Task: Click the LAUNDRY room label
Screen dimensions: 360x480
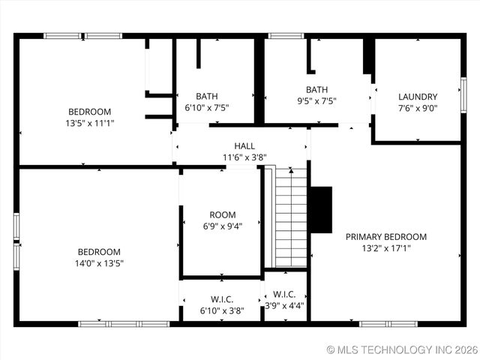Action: pyautogui.click(x=418, y=96)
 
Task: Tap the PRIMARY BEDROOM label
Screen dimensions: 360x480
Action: pyautogui.click(x=385, y=236)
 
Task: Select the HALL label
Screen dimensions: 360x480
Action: pyautogui.click(x=244, y=145)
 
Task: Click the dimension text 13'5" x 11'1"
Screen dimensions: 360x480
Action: pyautogui.click(x=90, y=122)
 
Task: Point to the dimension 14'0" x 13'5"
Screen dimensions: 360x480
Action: pyautogui.click(x=100, y=263)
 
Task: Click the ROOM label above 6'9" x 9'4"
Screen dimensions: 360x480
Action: pyautogui.click(x=223, y=214)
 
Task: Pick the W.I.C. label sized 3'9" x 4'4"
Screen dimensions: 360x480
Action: pyautogui.click(x=285, y=295)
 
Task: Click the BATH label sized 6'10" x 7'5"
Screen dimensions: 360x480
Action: pyautogui.click(x=207, y=96)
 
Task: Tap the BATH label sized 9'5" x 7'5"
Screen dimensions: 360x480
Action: pyautogui.click(x=316, y=90)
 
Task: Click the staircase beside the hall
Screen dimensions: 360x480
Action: pyautogui.click(x=291, y=217)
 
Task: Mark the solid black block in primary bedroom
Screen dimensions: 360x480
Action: pyautogui.click(x=320, y=209)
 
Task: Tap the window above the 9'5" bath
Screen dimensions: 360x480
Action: pyautogui.click(x=286, y=35)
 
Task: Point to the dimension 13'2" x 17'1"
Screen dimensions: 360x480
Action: pyautogui.click(x=385, y=247)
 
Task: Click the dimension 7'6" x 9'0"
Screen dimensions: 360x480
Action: pyautogui.click(x=418, y=107)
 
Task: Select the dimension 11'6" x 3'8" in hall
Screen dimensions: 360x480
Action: pyautogui.click(x=244, y=157)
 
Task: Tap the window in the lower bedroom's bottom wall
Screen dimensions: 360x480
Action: pyautogui.click(x=124, y=324)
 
